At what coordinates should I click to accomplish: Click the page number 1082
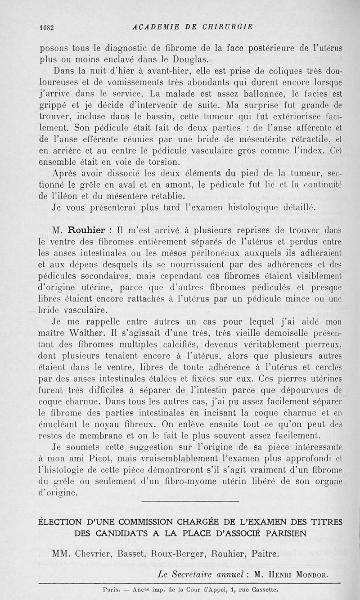pyautogui.click(x=46, y=27)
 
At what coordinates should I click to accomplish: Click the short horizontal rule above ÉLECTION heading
pyautogui.click(x=190, y=501)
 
